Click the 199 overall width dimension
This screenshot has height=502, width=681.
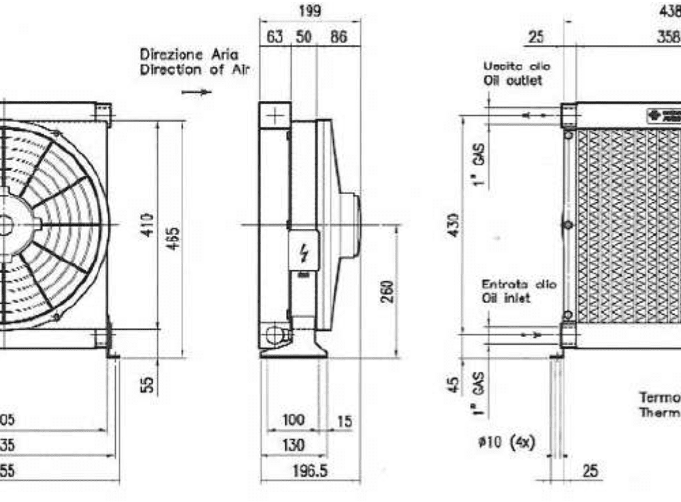pos(311,12)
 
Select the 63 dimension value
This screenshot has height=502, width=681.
pos(274,37)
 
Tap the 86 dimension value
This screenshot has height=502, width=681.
pos(338,37)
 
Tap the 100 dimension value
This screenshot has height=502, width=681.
pos(293,421)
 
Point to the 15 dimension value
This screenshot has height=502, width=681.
pos(344,422)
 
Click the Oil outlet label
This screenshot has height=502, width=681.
pos(518,80)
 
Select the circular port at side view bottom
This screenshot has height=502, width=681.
pos(274,334)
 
